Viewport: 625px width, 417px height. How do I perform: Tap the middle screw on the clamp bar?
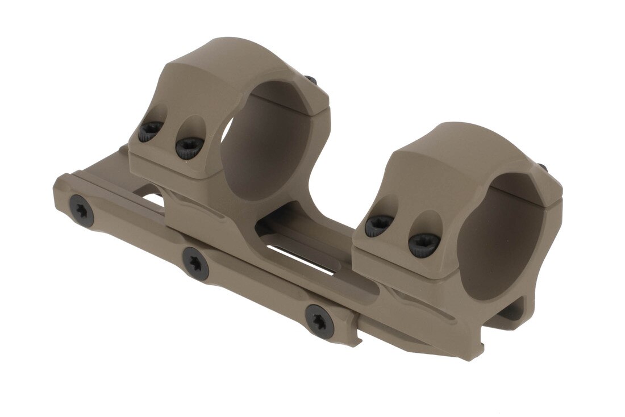coord(195,263)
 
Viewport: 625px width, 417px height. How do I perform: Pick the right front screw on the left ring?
coord(189,147)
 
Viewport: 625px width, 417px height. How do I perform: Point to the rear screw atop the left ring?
coord(310,81)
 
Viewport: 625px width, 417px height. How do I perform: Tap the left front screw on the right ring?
coord(378,226)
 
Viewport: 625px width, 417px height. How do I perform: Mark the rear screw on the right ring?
coord(543,168)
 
